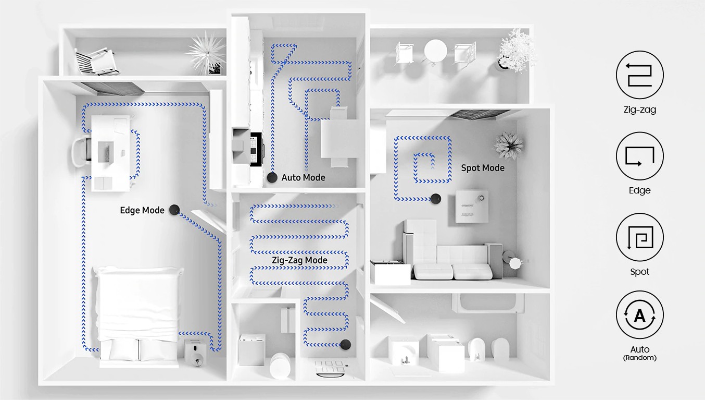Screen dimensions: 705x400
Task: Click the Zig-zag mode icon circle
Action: pyautogui.click(x=639, y=75)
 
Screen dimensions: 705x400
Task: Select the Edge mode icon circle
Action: pyautogui.click(x=639, y=156)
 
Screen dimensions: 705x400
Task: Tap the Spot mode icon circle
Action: pyautogui.click(x=639, y=237)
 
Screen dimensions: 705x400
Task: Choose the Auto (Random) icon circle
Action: pyautogui.click(x=639, y=315)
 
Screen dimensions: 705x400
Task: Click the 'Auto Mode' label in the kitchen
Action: pyautogui.click(x=303, y=177)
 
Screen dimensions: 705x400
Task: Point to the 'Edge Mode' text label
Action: pyautogui.click(x=142, y=210)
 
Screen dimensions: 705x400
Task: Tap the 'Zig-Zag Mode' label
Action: pyautogui.click(x=299, y=260)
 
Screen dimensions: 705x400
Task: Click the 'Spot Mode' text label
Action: pyautogui.click(x=483, y=168)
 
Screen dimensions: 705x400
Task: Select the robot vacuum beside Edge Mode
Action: pyautogui.click(x=174, y=210)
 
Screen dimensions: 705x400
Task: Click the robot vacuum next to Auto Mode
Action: pyautogui.click(x=272, y=177)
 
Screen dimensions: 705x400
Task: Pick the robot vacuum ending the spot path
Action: pyautogui.click(x=436, y=199)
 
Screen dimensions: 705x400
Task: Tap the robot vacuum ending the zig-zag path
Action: pyautogui.click(x=345, y=345)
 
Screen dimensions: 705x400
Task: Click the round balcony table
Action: pyautogui.click(x=436, y=51)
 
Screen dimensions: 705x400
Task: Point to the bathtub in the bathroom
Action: pyautogui.click(x=487, y=303)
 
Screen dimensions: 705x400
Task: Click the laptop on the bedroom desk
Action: pyautogui.click(x=106, y=152)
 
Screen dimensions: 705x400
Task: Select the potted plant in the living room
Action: pyautogui.click(x=509, y=146)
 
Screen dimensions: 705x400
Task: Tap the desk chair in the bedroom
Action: pyautogui.click(x=81, y=151)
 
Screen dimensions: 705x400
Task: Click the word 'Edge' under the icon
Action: pyautogui.click(x=639, y=190)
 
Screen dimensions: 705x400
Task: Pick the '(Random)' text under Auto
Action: pyautogui.click(x=639, y=358)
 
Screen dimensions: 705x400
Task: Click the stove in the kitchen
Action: pyautogui.click(x=256, y=149)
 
